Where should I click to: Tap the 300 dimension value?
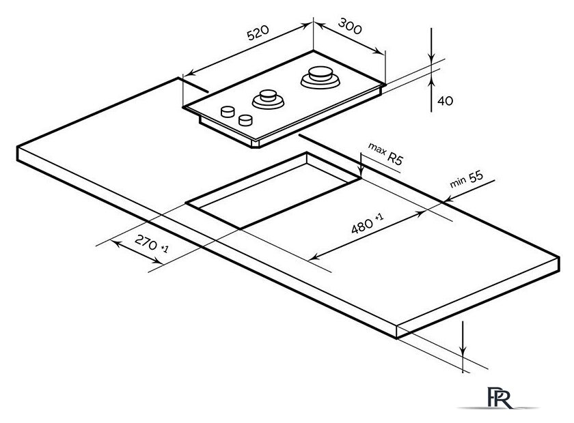(x=350, y=28)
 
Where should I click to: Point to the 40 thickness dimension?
(x=445, y=100)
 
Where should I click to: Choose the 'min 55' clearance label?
(x=467, y=180)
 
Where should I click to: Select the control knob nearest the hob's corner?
(x=225, y=113)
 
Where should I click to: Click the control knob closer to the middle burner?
(x=245, y=120)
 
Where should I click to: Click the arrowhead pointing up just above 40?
(x=432, y=81)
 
